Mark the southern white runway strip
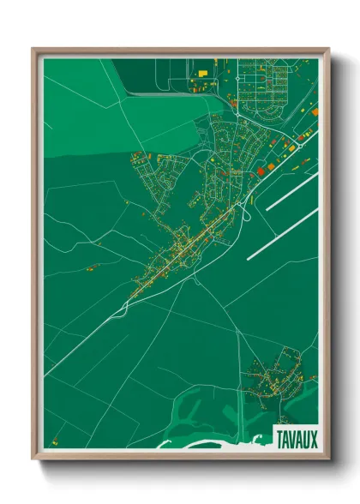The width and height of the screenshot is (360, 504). click(x=283, y=232)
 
